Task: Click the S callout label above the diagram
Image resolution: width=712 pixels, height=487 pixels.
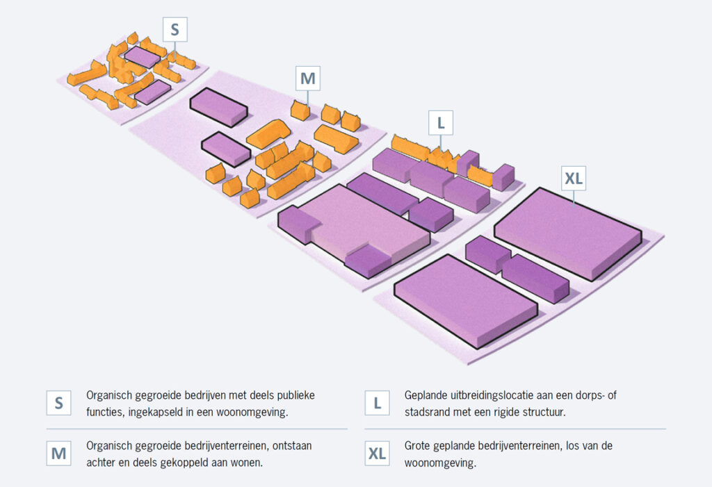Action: tap(175, 29)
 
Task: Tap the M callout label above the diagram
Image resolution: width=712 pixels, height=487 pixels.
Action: tap(308, 78)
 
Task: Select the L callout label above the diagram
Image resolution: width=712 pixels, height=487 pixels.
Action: tap(440, 122)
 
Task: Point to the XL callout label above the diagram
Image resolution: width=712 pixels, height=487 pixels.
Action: tap(574, 178)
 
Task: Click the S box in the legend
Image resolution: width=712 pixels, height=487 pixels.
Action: tap(58, 402)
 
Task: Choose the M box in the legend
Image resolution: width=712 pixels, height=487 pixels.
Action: tap(58, 453)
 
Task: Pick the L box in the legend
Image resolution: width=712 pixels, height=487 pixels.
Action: tap(377, 402)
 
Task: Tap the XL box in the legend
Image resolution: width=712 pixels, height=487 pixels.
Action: tap(377, 453)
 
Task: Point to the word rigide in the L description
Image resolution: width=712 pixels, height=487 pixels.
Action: tap(503, 413)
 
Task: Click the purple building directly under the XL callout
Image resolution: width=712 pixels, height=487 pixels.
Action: tap(567, 233)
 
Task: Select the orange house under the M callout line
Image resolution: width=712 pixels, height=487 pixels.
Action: tap(300, 110)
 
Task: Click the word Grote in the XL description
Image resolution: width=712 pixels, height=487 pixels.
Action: tap(417, 446)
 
